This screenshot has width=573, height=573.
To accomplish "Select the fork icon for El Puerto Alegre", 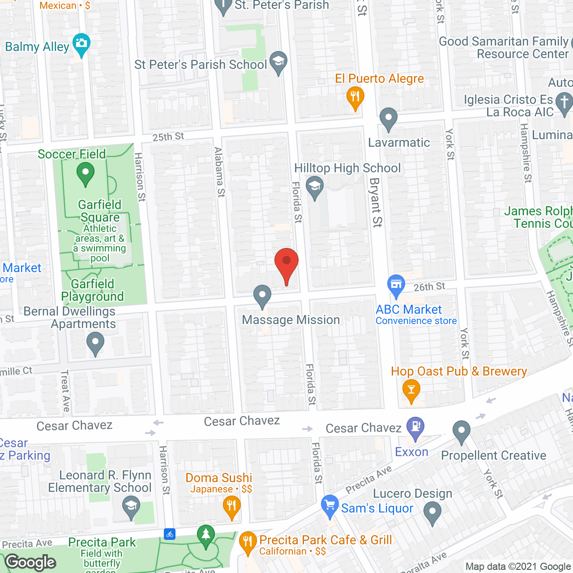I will click(355, 97).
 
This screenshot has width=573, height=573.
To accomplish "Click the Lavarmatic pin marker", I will click(388, 119).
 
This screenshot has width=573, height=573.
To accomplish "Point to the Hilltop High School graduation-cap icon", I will click(315, 186).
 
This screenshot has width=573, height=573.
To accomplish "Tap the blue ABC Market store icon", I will click(396, 285).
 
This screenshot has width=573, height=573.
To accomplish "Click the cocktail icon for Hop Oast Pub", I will click(411, 389).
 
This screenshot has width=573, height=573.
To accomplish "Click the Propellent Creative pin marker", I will click(461, 432).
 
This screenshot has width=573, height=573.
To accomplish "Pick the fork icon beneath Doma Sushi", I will click(231, 506).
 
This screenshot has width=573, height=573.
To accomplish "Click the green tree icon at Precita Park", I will click(205, 535).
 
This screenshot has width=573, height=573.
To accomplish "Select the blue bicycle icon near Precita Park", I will click(170, 534).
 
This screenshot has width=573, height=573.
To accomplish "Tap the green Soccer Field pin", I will click(85, 173).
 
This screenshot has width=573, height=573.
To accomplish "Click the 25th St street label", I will click(168, 137).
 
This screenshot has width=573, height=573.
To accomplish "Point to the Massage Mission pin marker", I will click(262, 296).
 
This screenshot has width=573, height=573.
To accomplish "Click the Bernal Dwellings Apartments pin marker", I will click(95, 342).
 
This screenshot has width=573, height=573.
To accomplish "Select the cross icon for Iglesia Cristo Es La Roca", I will click(564, 101).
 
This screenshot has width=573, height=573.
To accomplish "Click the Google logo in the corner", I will click(30, 562).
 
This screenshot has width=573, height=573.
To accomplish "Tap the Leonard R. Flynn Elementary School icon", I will click(131, 506).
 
